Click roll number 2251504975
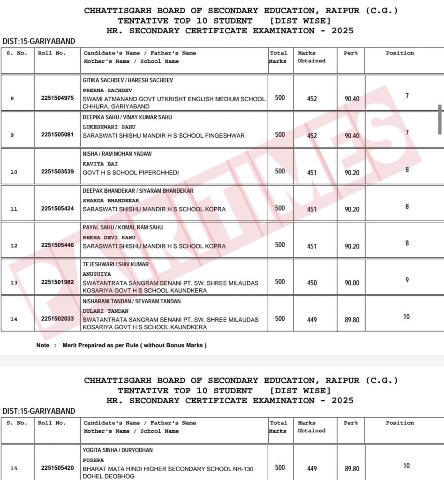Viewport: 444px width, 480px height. click(x=57, y=98)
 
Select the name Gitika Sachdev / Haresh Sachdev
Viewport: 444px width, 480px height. click(x=128, y=80)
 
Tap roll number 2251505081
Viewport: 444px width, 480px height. click(x=57, y=135)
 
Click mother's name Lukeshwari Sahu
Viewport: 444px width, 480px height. click(x=109, y=127)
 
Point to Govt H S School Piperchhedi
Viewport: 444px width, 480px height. click(x=131, y=172)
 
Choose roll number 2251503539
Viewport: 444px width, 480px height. click(x=57, y=172)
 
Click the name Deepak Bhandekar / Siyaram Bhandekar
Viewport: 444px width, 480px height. click(x=138, y=191)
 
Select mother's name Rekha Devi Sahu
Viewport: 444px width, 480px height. click(x=109, y=237)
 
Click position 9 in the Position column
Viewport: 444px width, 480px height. click(x=407, y=280)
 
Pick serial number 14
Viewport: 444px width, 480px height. click(x=14, y=319)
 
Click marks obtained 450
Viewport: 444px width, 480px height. click(x=312, y=283)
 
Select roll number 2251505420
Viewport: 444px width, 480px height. click(x=57, y=467)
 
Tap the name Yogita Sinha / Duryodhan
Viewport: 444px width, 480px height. click(x=118, y=450)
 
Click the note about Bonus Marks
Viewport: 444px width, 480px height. click(x=121, y=345)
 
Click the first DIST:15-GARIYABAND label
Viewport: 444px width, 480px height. click(x=39, y=42)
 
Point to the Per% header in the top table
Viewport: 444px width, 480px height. click(x=351, y=53)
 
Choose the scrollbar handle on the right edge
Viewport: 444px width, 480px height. click(x=440, y=119)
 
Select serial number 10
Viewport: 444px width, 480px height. click(x=14, y=172)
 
